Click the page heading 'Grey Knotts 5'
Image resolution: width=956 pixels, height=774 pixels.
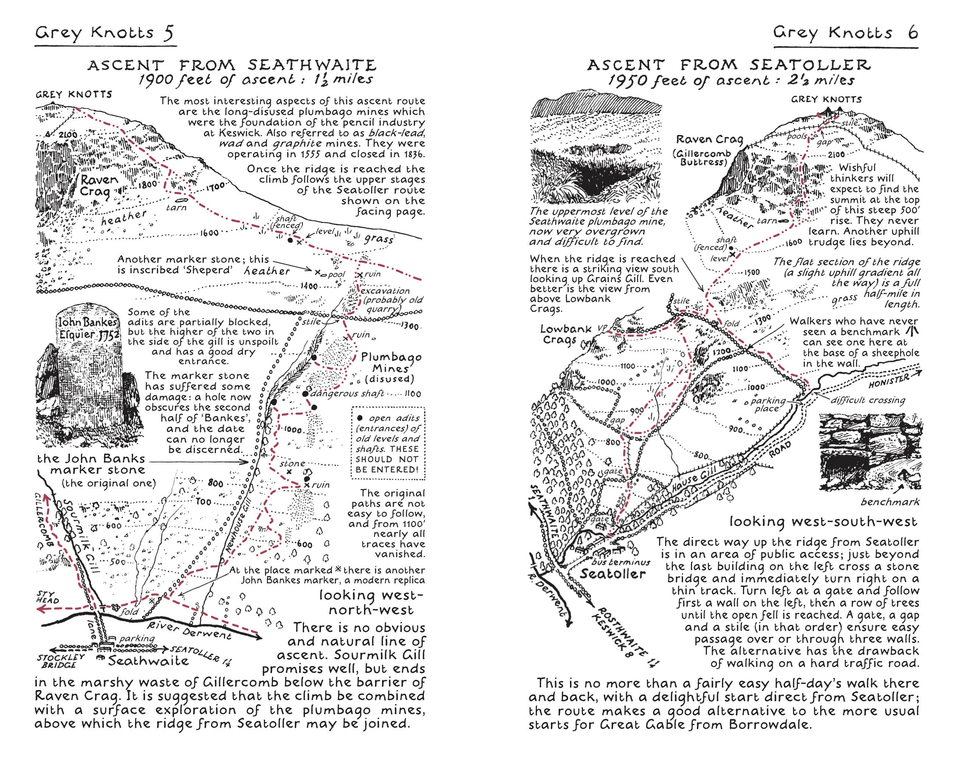coord(104,33)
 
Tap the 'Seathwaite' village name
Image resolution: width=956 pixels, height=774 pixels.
coord(148,661)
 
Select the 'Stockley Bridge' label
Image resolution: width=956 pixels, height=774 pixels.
coord(60,661)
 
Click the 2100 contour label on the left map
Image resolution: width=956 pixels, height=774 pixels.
coord(68,135)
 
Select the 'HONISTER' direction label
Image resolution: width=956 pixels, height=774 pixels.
coord(889,381)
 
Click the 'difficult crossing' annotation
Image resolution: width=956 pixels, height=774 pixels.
coord(867,400)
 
